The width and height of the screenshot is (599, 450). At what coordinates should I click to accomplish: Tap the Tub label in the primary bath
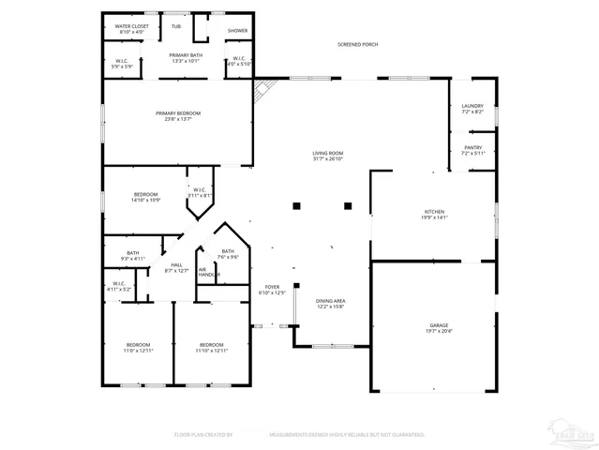[x=176, y=27]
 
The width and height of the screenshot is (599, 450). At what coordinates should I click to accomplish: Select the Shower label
[x=238, y=30]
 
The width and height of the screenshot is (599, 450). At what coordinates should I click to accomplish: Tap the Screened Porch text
[x=358, y=44]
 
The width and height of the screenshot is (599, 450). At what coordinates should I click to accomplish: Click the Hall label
[x=176, y=267]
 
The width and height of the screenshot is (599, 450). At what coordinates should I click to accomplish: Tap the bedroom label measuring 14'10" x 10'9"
[x=145, y=197]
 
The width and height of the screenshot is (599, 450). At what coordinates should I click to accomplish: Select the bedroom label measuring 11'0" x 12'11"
[x=138, y=347]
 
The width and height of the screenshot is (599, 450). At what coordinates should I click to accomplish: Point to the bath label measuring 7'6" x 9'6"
[x=228, y=253]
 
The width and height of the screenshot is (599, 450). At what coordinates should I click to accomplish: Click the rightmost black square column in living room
[x=348, y=205]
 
